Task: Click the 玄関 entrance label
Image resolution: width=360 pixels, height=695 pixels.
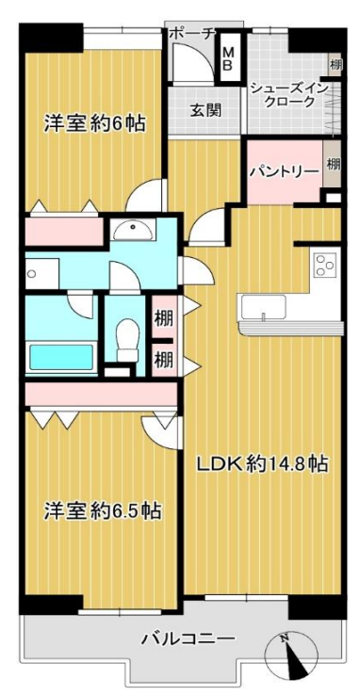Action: click(205, 109)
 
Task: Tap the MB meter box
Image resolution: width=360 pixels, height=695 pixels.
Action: click(228, 58)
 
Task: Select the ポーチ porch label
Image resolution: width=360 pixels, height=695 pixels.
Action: click(192, 33)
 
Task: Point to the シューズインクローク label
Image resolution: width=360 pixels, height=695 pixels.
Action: click(288, 94)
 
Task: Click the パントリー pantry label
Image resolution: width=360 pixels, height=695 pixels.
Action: click(284, 171)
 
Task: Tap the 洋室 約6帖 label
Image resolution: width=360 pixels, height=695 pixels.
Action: click(94, 123)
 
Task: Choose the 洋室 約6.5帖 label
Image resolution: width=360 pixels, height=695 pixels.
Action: click(102, 512)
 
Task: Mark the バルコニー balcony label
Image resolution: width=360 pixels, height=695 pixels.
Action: click(188, 639)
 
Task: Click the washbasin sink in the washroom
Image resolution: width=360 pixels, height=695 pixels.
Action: click(133, 229)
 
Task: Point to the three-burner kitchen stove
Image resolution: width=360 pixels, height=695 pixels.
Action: click(324, 265)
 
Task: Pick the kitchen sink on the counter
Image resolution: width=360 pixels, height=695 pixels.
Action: click(262, 308)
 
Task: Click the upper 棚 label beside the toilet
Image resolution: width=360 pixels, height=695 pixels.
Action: click(163, 318)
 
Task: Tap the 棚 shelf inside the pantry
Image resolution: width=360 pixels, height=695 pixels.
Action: click(333, 164)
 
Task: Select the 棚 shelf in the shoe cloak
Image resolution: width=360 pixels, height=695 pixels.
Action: click(335, 65)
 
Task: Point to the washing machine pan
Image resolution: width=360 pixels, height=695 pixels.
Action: click(41, 274)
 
